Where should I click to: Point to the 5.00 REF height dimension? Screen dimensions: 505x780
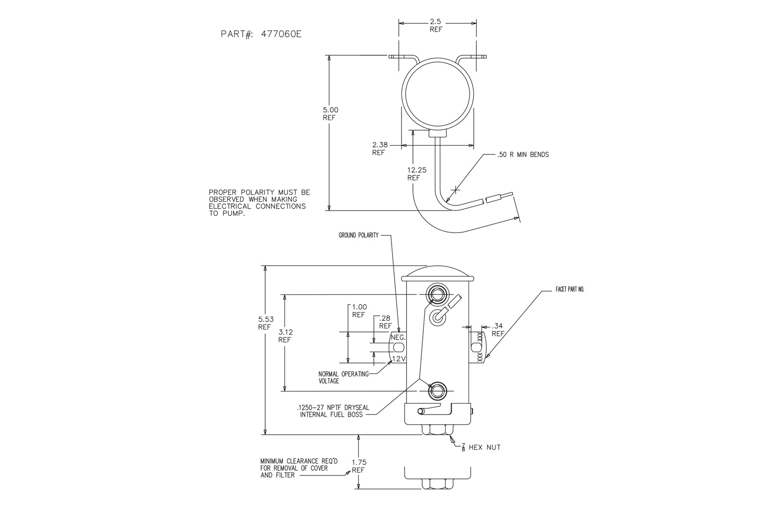[330, 113]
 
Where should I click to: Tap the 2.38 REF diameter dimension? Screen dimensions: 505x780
[379, 148]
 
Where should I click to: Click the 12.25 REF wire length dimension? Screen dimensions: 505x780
[414, 173]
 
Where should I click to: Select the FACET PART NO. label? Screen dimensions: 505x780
[570, 289]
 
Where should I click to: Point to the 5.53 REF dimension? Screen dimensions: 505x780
[265, 323]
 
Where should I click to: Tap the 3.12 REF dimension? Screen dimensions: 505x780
[284, 335]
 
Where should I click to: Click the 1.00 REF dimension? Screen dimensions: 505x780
[359, 310]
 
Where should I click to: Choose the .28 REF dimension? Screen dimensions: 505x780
[385, 321]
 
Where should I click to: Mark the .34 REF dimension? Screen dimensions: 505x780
[498, 330]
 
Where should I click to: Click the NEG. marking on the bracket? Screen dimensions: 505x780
[398, 337]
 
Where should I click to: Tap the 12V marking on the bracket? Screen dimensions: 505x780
[398, 359]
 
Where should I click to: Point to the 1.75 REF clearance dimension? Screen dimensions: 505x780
[358, 465]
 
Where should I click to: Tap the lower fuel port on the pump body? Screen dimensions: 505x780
[436, 390]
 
